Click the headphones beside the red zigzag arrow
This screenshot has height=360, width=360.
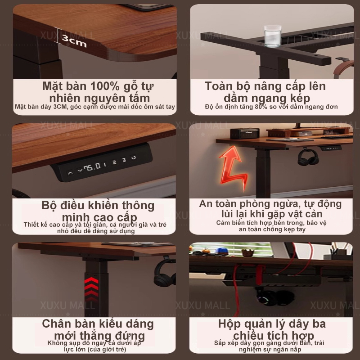point(308,158)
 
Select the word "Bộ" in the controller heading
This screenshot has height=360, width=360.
point(49,206)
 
